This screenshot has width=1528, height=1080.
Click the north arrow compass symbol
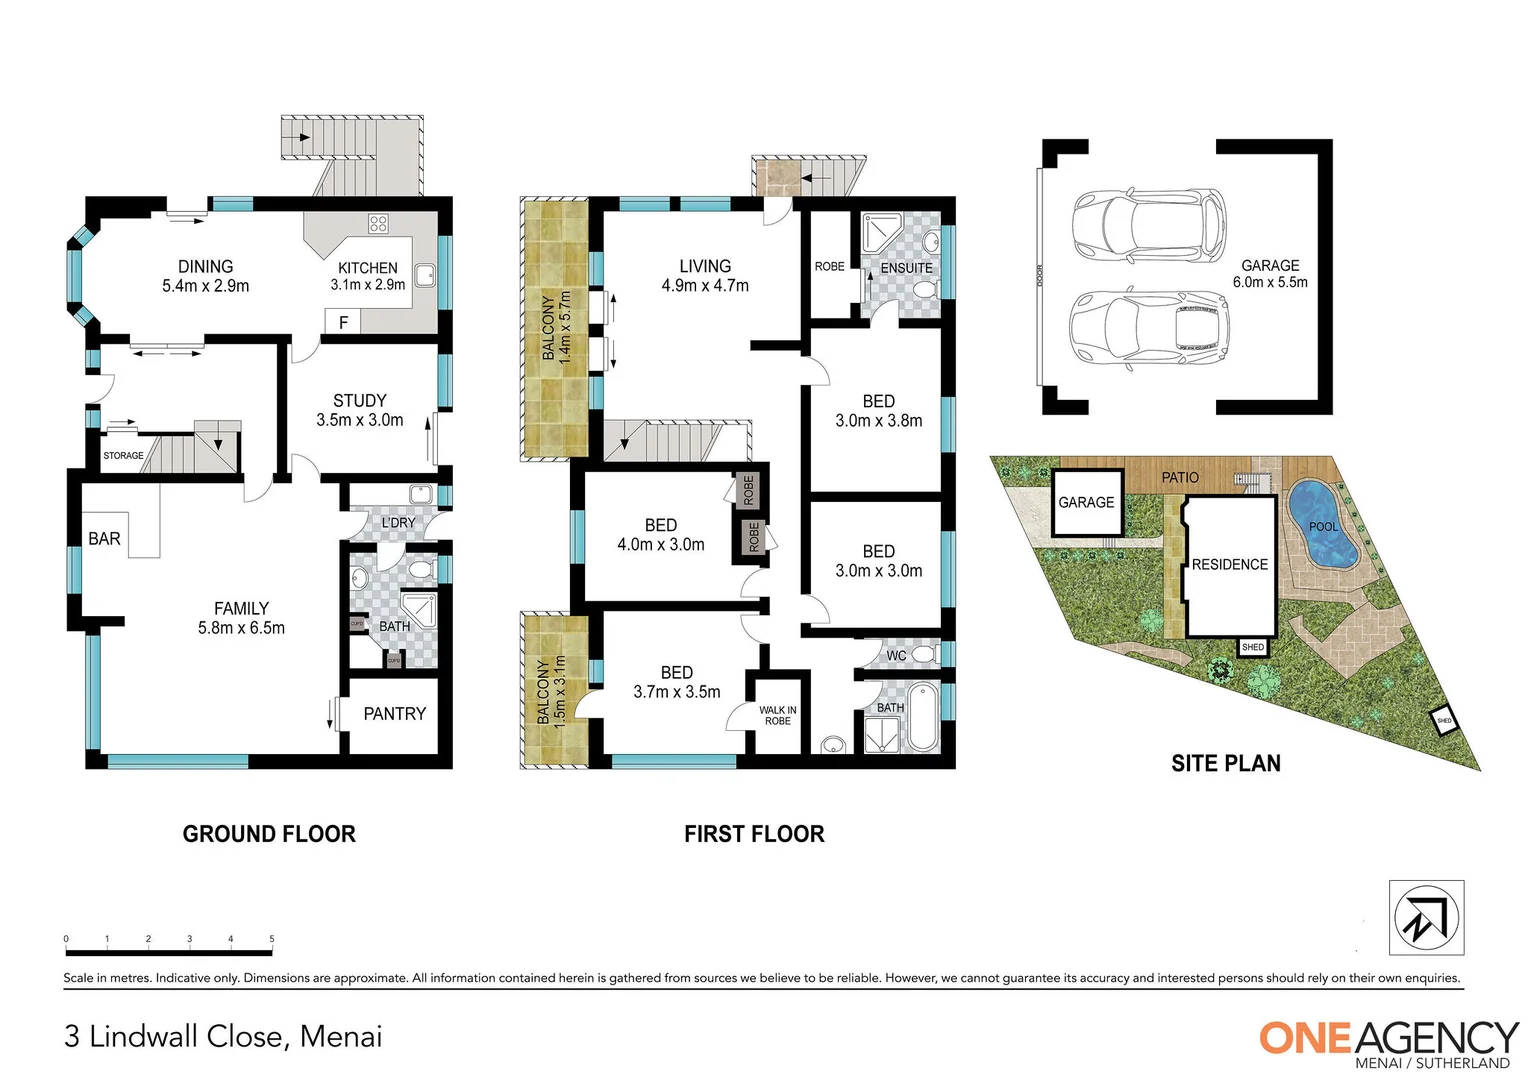coord(1426,918)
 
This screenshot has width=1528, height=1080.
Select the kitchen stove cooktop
coord(378,224)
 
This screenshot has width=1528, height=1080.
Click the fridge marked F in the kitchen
coord(343,322)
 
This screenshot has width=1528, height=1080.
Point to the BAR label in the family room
coord(104,539)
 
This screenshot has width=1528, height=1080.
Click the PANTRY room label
coord(394,714)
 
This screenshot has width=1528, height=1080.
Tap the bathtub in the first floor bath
coord(920,717)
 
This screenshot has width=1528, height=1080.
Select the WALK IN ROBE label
coord(777,715)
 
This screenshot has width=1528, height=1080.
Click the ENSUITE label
coord(906,268)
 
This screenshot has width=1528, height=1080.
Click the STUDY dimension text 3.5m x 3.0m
coord(360,420)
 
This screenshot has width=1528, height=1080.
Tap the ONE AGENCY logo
coord(1388,1041)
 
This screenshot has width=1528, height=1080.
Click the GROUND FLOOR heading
coord(269,834)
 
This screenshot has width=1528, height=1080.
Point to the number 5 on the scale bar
coord(272,939)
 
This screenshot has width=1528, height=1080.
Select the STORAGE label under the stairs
coord(123,456)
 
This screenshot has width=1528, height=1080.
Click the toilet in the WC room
coord(923,655)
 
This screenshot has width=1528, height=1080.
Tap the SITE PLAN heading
coord(1225,764)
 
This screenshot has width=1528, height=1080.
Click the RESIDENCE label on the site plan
coord(1229,565)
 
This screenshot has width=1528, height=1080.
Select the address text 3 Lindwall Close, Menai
coord(223,1037)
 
